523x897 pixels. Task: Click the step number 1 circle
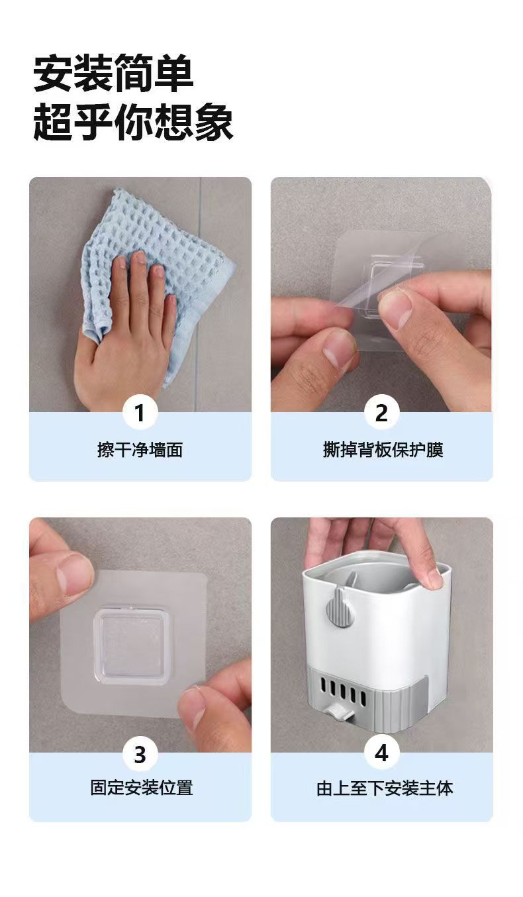(x=140, y=413)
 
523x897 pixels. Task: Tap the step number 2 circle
(x=381, y=413)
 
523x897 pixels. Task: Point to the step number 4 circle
(x=381, y=753)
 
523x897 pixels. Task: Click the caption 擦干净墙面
(x=140, y=450)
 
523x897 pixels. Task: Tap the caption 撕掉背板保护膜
(x=383, y=450)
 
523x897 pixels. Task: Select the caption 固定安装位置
(x=142, y=788)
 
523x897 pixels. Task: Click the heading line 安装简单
(x=113, y=74)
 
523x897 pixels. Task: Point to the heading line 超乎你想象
(x=133, y=121)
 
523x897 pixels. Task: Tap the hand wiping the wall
(x=126, y=333)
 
